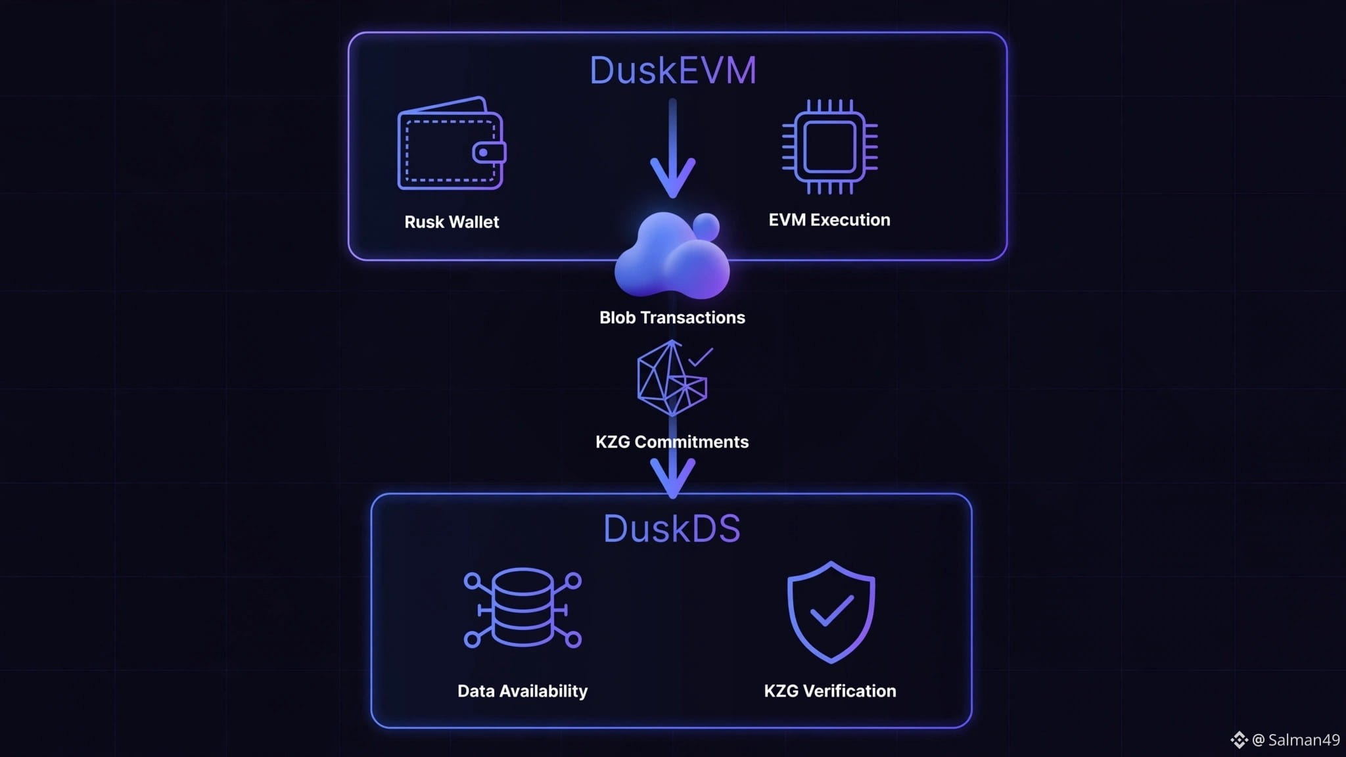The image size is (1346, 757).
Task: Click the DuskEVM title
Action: [673, 70]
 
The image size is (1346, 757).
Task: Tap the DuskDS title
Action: [672, 528]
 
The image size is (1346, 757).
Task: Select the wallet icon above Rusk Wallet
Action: [452, 143]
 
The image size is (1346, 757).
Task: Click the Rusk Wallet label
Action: [452, 222]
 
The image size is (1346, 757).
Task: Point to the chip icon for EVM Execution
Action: [829, 147]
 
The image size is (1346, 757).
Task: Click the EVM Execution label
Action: [829, 220]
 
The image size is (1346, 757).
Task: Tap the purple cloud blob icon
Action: [672, 255]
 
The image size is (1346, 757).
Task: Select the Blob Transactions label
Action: [672, 317]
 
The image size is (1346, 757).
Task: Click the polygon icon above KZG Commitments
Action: [672, 378]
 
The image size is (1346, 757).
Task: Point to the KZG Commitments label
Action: [672, 442]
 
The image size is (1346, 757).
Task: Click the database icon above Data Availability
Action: [522, 608]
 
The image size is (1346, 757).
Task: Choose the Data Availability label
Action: [522, 691]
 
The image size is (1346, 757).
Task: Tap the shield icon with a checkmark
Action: [831, 612]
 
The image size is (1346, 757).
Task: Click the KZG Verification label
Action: [830, 691]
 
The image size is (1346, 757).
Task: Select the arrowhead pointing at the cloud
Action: [672, 177]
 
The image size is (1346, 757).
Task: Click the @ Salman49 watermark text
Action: [1295, 740]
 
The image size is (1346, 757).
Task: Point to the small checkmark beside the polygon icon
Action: [701, 357]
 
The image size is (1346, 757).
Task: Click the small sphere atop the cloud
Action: [707, 226]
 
